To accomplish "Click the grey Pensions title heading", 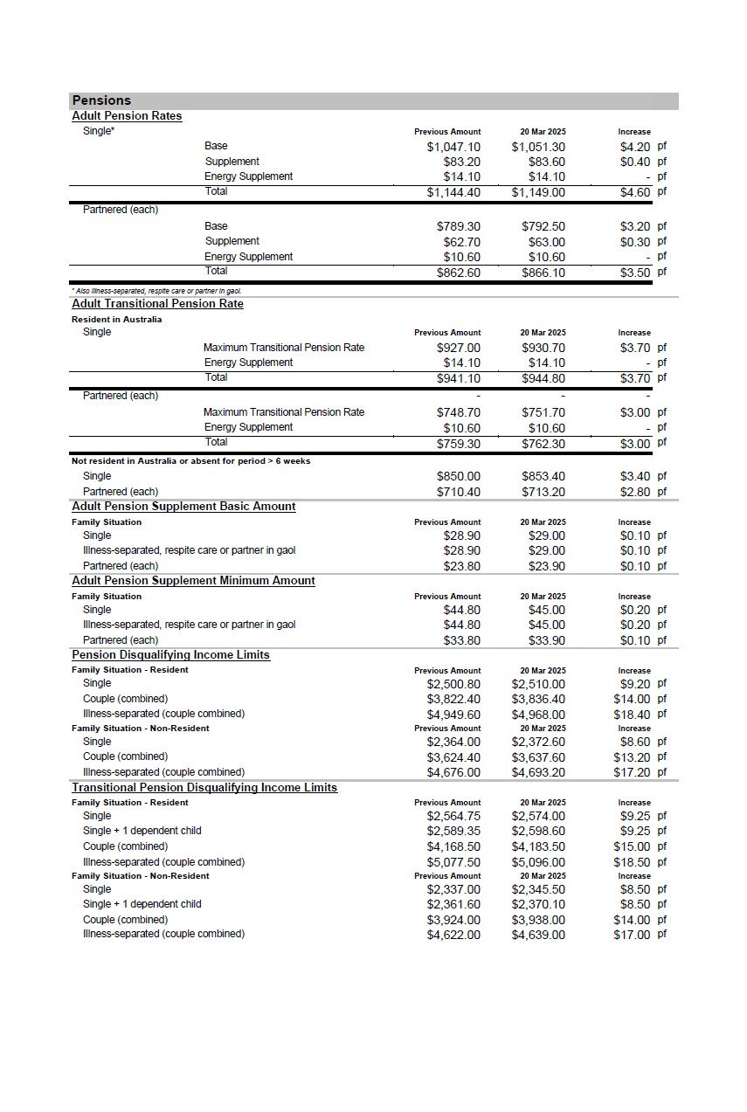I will [x=101, y=100].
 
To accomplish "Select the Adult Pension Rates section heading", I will [x=127, y=116].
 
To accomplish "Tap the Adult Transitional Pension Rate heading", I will [x=157, y=304].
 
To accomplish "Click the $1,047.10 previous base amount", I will [x=453, y=147].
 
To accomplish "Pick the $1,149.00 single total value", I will [x=538, y=192].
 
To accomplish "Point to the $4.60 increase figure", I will [x=635, y=192].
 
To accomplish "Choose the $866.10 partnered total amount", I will [x=543, y=273].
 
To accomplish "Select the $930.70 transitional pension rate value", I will [x=543, y=348].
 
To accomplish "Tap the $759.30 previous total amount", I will [x=459, y=443].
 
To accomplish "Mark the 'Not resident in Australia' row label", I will [x=190, y=461].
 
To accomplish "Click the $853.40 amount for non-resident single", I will [x=543, y=476].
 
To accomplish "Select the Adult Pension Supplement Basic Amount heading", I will [x=183, y=507].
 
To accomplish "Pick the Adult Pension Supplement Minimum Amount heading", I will [x=193, y=581].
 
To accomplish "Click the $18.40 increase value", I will [x=633, y=715].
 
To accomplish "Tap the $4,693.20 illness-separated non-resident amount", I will [x=538, y=772].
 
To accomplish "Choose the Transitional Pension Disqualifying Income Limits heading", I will [x=204, y=788].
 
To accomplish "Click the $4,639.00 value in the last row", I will [x=538, y=935].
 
